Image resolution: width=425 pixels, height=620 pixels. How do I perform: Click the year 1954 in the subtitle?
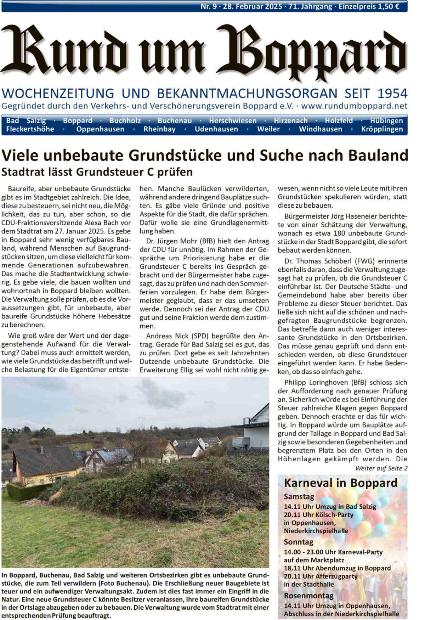click(392, 94)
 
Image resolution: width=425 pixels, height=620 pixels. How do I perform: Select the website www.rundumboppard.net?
click(354, 106)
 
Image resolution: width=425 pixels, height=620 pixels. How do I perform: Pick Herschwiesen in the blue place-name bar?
click(233, 121)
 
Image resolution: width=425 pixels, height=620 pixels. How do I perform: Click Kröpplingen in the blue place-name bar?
click(382, 129)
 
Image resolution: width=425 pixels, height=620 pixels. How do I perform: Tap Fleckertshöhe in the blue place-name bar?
click(30, 129)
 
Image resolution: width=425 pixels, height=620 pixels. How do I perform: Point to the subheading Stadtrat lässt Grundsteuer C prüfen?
click(97, 172)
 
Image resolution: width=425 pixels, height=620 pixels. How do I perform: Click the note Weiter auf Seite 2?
click(381, 468)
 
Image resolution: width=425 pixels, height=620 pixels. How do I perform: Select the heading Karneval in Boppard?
click(340, 483)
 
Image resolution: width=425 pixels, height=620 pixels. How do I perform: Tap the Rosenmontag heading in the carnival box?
click(308, 596)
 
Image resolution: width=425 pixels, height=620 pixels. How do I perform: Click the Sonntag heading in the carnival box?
click(299, 542)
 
